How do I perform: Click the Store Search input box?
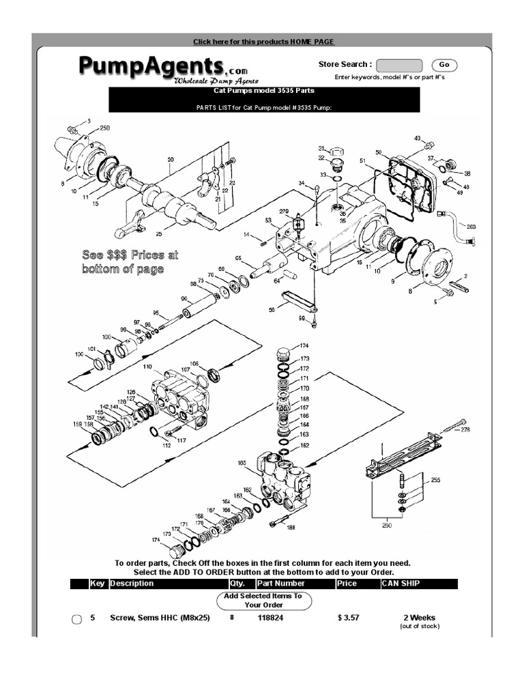[x=398, y=65]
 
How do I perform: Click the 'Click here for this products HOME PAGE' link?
[x=263, y=42]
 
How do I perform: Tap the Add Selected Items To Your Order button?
[x=263, y=600]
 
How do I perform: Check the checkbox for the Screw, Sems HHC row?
[x=77, y=619]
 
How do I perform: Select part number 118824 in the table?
[x=270, y=618]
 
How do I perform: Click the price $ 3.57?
[x=348, y=618]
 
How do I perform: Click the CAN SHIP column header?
[x=401, y=584]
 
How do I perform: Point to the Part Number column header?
[x=280, y=584]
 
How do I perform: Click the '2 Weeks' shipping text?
[x=419, y=618]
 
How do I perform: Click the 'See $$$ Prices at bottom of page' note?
[x=130, y=261]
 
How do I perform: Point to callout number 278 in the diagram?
[x=465, y=429]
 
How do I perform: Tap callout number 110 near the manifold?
[x=148, y=367]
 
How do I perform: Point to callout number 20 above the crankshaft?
[x=171, y=160]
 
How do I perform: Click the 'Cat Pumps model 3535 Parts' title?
[x=263, y=90]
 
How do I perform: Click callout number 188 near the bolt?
[x=291, y=527]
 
